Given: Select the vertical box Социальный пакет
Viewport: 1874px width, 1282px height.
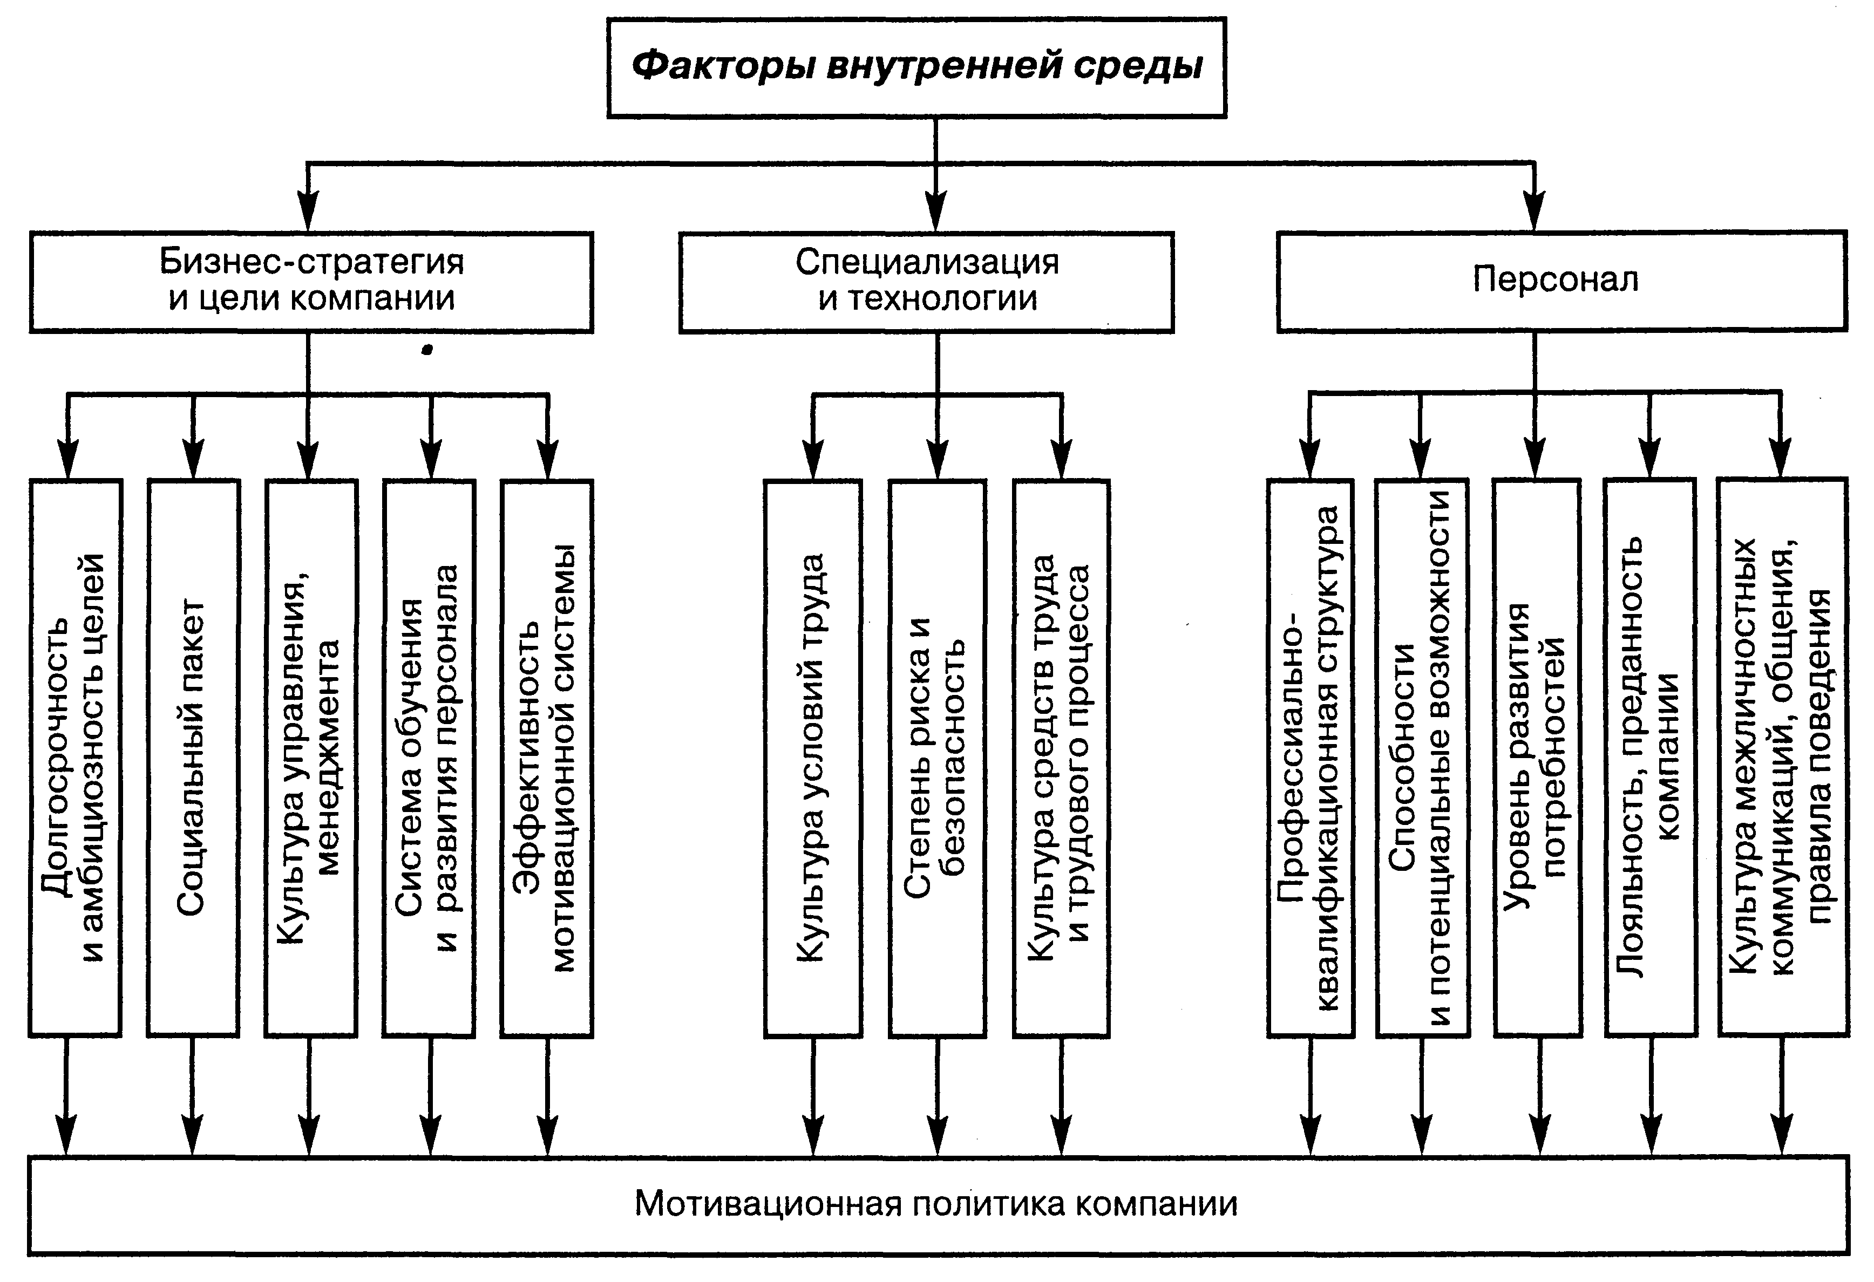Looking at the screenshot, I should [194, 758].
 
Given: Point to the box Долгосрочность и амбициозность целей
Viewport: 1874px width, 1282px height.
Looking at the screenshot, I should [75, 758].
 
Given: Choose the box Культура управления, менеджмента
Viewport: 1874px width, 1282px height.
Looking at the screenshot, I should [311, 758].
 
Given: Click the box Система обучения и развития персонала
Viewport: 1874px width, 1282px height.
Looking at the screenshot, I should [429, 758].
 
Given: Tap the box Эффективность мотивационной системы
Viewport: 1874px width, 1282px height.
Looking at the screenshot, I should [547, 758].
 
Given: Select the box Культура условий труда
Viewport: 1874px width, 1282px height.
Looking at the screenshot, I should [813, 758].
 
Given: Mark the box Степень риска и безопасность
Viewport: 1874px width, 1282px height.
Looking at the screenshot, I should [937, 758].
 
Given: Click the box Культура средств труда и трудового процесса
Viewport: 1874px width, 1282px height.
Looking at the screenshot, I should [1061, 758].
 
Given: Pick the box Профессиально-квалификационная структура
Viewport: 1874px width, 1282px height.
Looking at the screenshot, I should [1311, 758].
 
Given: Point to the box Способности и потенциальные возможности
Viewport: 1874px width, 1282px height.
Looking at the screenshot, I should [1422, 758].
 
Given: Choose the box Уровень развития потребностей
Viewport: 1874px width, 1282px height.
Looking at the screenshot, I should [1537, 758].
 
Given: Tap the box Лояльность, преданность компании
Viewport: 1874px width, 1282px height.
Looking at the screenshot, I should [1651, 758].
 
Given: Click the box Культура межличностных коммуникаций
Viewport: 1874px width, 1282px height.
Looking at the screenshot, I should [1782, 758].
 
